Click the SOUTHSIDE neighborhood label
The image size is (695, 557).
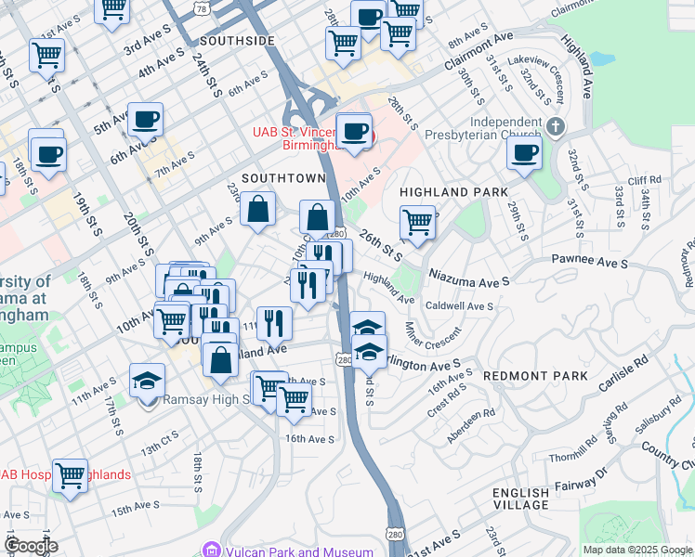coord(237,41)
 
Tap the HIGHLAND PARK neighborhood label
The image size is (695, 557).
coord(453,191)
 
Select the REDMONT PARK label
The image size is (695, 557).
coord(535,375)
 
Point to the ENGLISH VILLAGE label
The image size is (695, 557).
coord(521,499)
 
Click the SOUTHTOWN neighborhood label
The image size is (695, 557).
coord(283,177)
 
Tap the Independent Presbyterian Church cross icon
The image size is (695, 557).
coord(556,126)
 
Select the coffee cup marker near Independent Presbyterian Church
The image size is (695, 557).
coord(524,152)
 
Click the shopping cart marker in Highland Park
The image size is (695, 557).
coord(417,222)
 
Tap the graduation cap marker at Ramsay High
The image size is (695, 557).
coord(147,382)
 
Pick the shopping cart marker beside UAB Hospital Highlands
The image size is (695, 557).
coord(70,474)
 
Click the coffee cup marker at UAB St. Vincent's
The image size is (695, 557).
coord(354,131)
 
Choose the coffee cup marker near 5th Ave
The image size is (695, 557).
coord(146,119)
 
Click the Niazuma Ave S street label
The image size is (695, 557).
coord(469,277)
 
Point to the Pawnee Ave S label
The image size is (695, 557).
coord(591,261)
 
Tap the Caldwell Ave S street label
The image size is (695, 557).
coord(459,305)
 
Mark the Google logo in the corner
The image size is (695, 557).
coord(31,546)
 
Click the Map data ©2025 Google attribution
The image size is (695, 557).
coord(636,550)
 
